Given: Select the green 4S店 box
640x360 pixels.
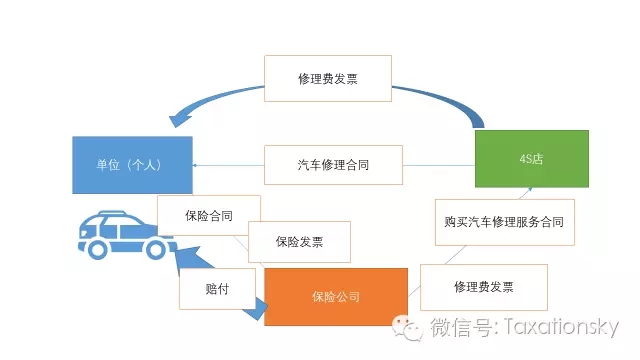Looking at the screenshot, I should (x=531, y=159).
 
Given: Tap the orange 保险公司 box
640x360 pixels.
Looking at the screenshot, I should (x=335, y=296).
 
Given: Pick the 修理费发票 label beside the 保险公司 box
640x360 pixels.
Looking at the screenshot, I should (x=484, y=287).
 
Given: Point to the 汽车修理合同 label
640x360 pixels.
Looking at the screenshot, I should (x=333, y=165).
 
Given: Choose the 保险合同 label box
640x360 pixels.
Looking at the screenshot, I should (x=209, y=215).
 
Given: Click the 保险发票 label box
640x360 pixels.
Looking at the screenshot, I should (x=299, y=242).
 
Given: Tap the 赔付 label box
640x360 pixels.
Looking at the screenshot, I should (x=217, y=289).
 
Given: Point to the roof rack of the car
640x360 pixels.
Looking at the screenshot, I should (x=119, y=213).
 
